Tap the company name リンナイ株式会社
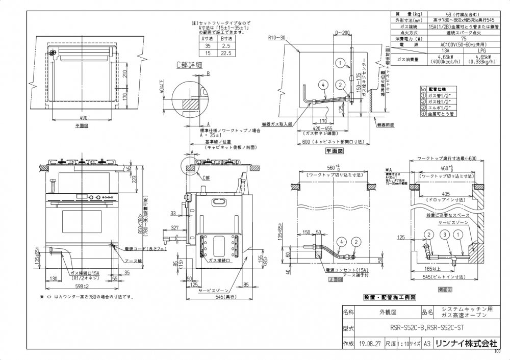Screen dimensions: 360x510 466,344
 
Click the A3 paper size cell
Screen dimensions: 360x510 426,344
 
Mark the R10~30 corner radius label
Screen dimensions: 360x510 277,38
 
